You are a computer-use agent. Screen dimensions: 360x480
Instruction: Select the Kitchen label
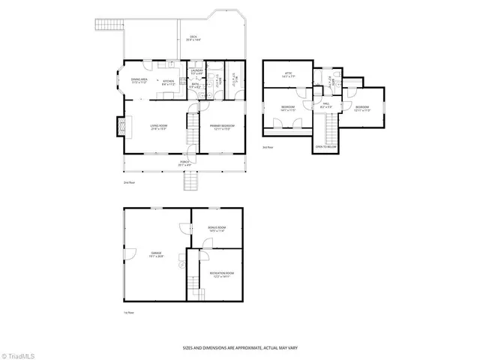coord(169,82)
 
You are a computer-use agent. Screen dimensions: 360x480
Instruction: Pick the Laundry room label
coord(196,72)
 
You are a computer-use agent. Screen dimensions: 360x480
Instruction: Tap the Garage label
coord(155,256)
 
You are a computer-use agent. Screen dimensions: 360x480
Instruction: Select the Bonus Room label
coord(217,229)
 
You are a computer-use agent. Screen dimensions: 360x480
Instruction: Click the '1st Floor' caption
coord(129,311)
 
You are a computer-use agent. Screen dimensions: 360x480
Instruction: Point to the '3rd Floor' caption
coord(268,147)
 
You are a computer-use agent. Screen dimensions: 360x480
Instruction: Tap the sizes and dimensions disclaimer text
coord(239,347)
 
